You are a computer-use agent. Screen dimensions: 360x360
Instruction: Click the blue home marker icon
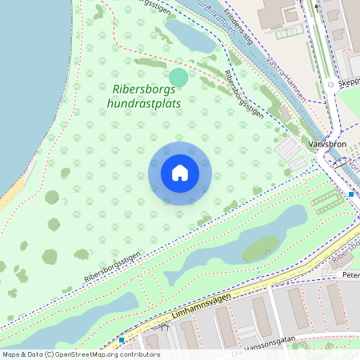[x=180, y=173]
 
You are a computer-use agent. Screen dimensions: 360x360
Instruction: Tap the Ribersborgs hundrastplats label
[x=145, y=97]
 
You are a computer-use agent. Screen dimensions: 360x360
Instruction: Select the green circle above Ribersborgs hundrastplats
[x=178, y=78]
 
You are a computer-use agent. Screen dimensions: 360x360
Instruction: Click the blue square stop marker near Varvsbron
[x=351, y=194]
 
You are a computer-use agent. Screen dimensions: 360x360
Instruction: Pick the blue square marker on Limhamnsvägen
[x=122, y=340]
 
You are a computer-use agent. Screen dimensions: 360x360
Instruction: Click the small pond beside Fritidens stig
[x=190, y=35]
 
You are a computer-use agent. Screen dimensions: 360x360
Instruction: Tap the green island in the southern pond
[x=262, y=250]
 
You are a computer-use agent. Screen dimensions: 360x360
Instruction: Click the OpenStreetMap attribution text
[x=80, y=354]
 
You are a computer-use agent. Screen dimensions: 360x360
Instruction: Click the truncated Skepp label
[x=349, y=82]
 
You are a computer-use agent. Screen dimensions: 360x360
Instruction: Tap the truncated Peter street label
[x=350, y=274]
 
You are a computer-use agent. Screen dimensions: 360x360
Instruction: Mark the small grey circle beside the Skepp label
[x=330, y=83]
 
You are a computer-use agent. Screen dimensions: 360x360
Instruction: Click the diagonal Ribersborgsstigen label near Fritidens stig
[x=244, y=94]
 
